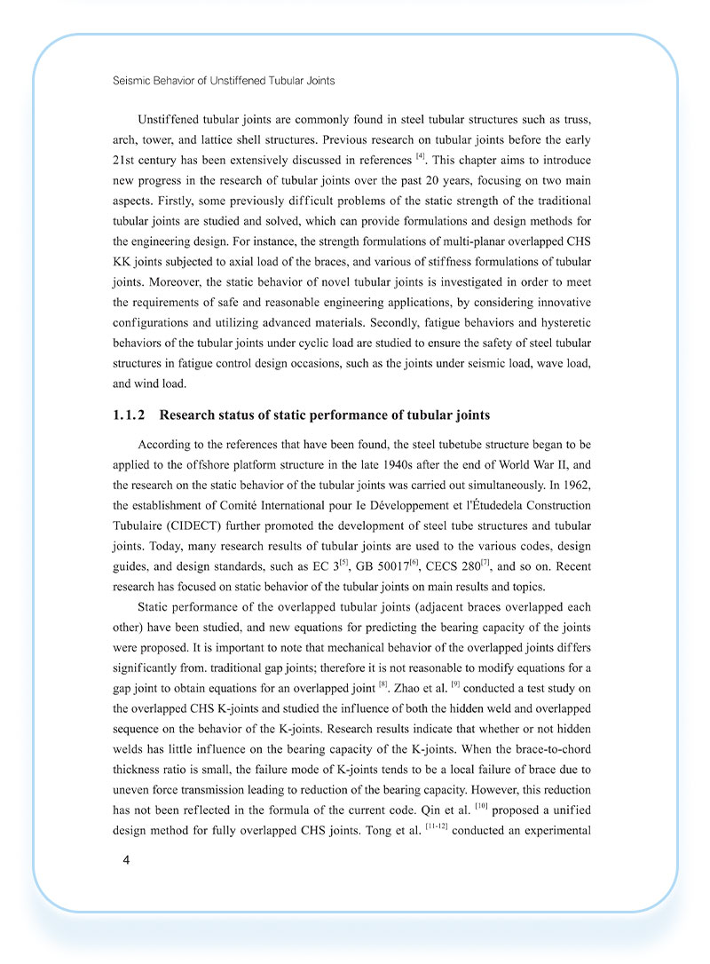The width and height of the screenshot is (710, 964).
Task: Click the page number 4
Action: click(x=128, y=860)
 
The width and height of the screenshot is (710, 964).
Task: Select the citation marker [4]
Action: click(x=421, y=158)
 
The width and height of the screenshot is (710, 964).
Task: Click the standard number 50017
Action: click(x=404, y=567)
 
